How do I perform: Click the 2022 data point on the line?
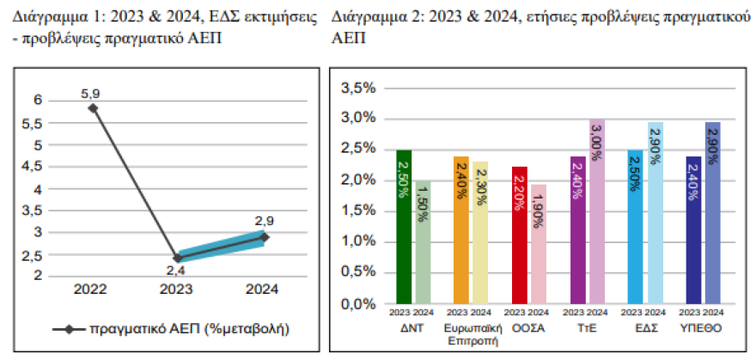(x=93, y=108)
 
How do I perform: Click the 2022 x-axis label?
(x=91, y=290)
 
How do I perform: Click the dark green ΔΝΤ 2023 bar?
(x=404, y=227)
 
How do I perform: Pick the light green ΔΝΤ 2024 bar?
(x=423, y=242)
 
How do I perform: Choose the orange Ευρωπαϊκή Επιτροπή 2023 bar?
(x=460, y=230)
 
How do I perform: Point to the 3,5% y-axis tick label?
(x=358, y=88)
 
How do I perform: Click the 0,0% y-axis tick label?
(x=358, y=304)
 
